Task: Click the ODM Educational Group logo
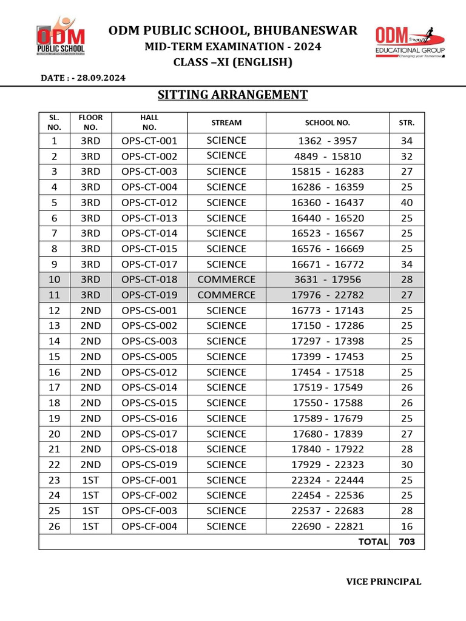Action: click(410, 42)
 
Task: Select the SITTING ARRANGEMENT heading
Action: click(233, 95)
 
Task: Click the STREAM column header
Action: click(226, 123)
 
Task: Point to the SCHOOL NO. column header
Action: click(328, 123)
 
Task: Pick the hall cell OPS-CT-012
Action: click(149, 203)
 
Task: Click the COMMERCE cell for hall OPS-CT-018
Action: click(226, 280)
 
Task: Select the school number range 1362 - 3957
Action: click(328, 141)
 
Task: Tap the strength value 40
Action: click(407, 203)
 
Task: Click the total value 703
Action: click(407, 542)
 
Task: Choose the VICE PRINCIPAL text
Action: click(383, 582)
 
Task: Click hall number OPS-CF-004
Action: click(149, 526)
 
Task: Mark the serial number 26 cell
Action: click(55, 526)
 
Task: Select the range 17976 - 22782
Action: click(328, 295)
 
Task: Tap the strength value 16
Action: click(407, 526)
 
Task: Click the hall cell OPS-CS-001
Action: click(149, 310)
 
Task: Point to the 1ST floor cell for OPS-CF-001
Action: click(90, 480)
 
